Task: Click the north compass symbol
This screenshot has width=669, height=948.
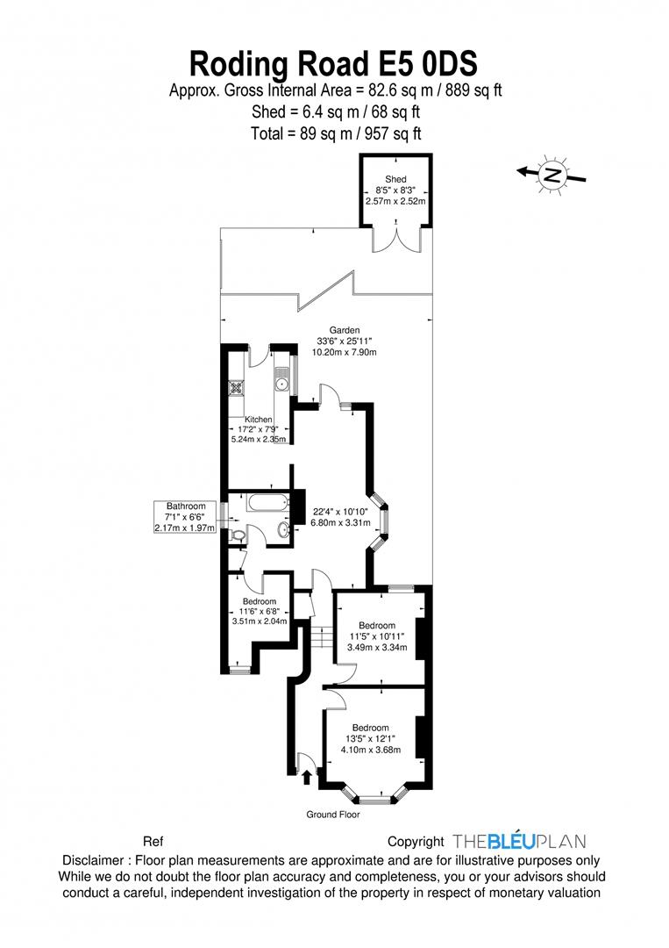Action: coord(552,174)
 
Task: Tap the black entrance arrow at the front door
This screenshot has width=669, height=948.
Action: coord(307,775)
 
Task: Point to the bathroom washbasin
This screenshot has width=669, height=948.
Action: coord(283,529)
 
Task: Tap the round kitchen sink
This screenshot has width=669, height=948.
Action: coord(282,383)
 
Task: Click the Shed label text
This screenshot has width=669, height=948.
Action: coord(395,179)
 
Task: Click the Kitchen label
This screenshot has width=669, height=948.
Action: coord(259,420)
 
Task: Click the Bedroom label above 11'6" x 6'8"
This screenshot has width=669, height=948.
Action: coord(260,601)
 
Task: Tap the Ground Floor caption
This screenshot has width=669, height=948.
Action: coord(333,815)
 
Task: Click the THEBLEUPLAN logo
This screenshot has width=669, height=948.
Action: coord(518,841)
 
